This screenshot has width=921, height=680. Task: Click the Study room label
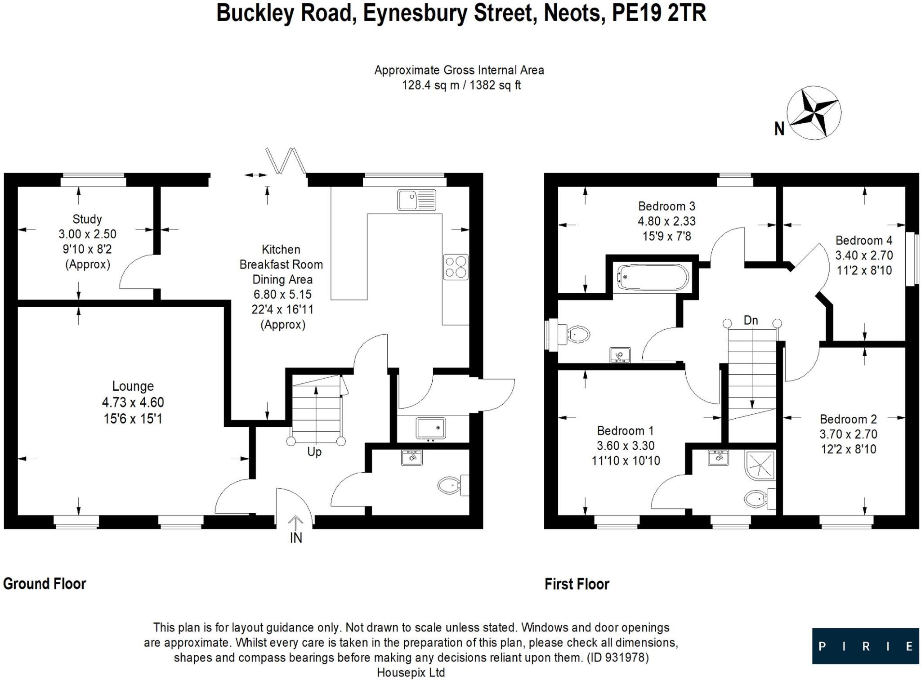click(87, 219)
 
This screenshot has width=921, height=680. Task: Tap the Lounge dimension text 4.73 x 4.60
click(133, 402)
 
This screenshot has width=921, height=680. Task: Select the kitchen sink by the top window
click(416, 200)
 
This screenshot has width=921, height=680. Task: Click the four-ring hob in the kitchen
click(456, 267)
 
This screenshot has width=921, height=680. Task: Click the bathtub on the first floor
click(653, 277)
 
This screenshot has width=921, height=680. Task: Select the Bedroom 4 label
click(863, 240)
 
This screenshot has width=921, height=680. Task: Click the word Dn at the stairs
click(751, 320)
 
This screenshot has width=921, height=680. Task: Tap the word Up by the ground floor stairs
click(314, 452)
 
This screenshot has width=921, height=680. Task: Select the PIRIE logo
click(865, 646)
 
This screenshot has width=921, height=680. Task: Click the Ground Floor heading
click(45, 584)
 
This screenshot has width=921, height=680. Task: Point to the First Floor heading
click(577, 584)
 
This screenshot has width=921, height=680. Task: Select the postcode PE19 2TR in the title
click(659, 13)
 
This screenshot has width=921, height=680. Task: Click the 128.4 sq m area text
click(430, 85)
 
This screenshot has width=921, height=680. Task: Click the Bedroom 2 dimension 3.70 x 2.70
click(848, 434)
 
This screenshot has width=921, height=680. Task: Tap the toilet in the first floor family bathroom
click(576, 334)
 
